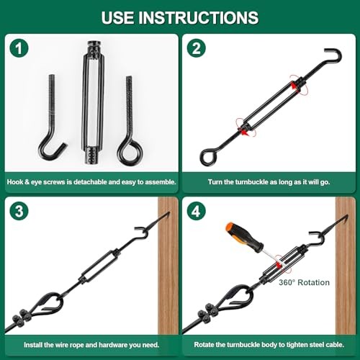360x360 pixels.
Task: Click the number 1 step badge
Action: (x=19, y=48)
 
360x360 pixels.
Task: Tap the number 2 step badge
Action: (x=197, y=48)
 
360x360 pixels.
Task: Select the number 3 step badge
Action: (x=19, y=211)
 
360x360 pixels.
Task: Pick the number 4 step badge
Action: (x=197, y=211)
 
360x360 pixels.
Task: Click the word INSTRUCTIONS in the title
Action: (x=199, y=17)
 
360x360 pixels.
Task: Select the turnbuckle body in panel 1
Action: (x=94, y=103)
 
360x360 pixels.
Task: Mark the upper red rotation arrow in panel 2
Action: (x=298, y=86)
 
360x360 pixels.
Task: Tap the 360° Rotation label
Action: (x=304, y=282)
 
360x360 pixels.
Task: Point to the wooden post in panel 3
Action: (x=168, y=266)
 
